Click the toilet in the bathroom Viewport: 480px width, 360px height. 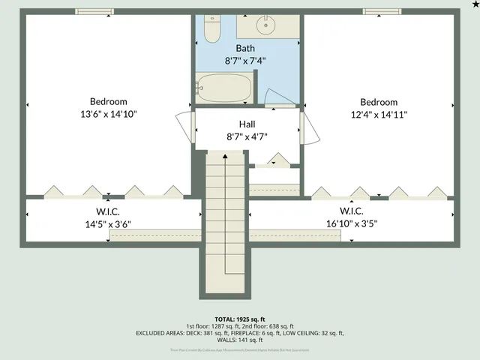coord(211,29)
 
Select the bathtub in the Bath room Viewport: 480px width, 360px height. coord(224,88)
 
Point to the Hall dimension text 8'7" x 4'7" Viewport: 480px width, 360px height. coord(248,136)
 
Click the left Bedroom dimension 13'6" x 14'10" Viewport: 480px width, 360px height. coord(109,114)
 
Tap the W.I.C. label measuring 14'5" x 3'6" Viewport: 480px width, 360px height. coord(109,223)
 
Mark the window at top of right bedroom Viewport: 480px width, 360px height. coord(381,11)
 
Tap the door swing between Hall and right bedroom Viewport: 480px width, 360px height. coord(311,130)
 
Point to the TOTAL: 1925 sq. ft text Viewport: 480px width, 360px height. coord(240,319)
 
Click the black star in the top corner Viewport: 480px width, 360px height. coord(475,4)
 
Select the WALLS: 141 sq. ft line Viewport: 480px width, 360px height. coord(240,340)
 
